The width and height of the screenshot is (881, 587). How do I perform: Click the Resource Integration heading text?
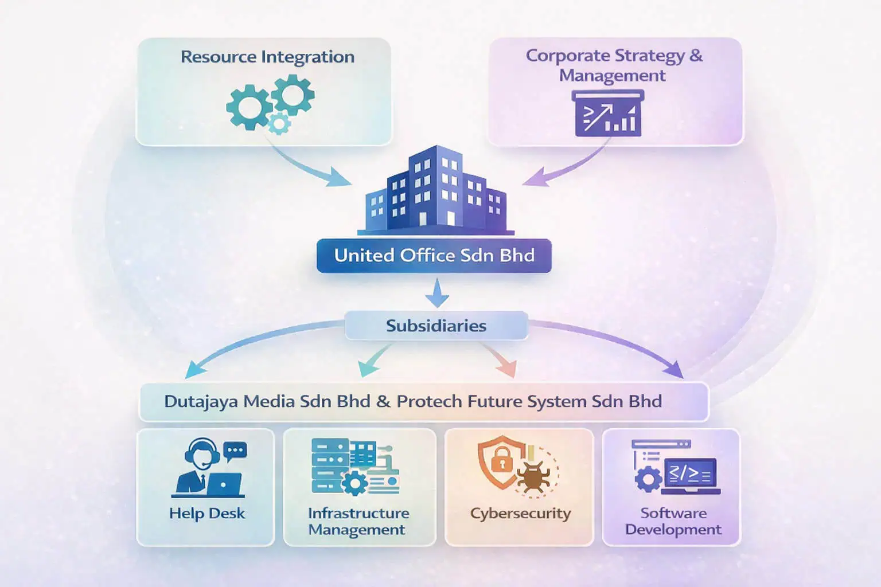(x=267, y=57)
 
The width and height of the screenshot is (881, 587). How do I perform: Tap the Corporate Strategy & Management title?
(x=613, y=65)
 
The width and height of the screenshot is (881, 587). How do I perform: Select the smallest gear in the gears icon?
(x=279, y=123)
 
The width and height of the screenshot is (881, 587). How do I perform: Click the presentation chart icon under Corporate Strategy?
(x=608, y=114)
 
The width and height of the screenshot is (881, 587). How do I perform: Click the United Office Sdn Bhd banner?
(x=434, y=255)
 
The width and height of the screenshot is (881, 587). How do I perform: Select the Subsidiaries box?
(x=436, y=326)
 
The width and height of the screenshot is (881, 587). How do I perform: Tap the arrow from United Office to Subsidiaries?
(x=437, y=292)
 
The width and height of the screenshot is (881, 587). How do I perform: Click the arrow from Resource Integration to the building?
(x=310, y=166)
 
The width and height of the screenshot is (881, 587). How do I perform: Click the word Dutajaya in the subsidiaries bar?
(x=201, y=401)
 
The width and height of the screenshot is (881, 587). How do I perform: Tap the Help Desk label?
(x=207, y=513)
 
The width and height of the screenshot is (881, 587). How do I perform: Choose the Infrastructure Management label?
(x=358, y=521)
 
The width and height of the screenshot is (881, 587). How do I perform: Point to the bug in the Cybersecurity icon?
(x=533, y=476)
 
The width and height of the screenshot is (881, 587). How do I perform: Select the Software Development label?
(x=673, y=521)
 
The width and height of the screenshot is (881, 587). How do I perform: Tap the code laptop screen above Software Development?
(x=691, y=475)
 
